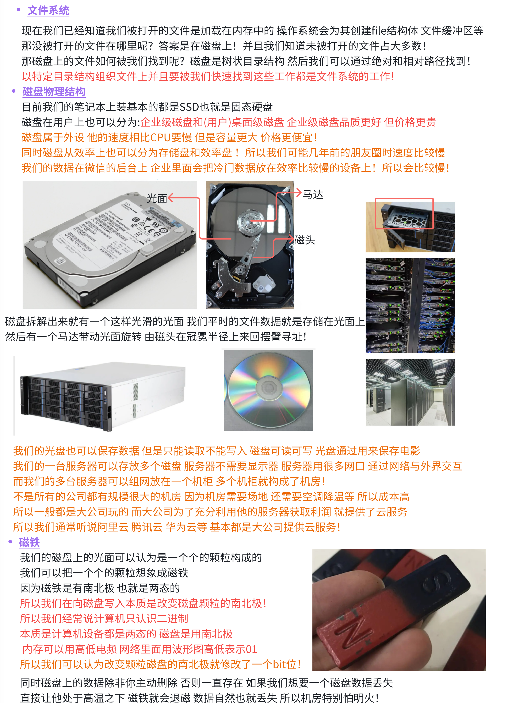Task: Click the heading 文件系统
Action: click(x=48, y=11)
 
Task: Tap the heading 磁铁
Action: click(x=30, y=542)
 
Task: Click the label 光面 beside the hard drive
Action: click(x=157, y=198)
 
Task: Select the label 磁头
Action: click(x=305, y=240)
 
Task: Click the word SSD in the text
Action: click(x=189, y=107)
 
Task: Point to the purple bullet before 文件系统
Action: click(x=19, y=10)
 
